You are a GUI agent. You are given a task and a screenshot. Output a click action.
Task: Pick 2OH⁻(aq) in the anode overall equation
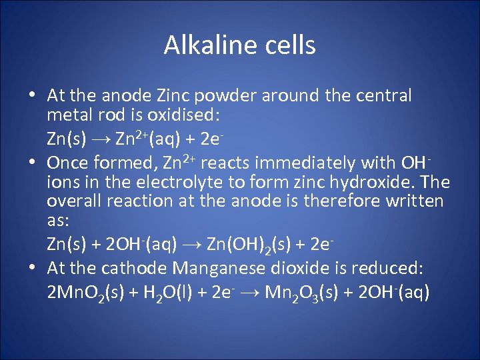139,245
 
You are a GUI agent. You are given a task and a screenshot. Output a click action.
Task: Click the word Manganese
217,268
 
